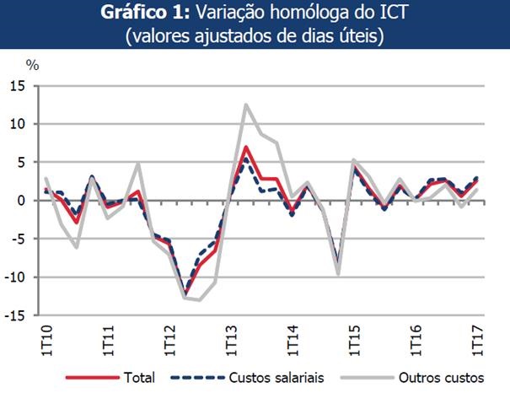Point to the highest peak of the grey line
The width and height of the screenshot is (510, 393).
[x=245, y=105]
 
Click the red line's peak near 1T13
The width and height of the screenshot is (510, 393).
[x=245, y=148]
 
